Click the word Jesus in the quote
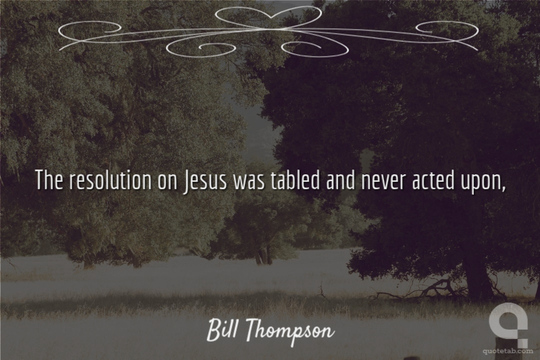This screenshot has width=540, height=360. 206,181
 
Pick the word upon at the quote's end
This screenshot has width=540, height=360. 480,183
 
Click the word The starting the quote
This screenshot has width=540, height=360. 49,180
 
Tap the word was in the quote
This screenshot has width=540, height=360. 249,182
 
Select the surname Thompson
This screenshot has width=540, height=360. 290,332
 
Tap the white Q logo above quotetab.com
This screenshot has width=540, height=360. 508,324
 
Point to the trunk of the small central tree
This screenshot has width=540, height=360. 263,255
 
